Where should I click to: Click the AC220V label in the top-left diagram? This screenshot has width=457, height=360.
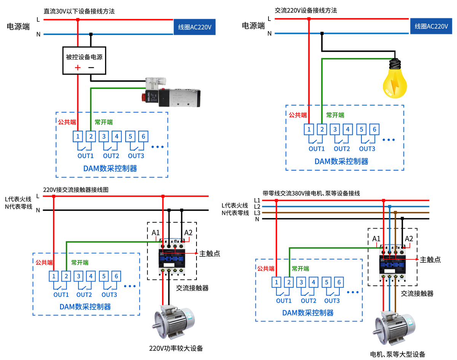click(x=195, y=27)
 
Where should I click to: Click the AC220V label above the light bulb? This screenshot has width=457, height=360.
click(x=431, y=26)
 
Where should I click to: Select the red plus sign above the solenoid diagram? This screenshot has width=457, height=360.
click(x=78, y=68)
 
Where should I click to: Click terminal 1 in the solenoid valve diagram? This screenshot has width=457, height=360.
click(x=78, y=136)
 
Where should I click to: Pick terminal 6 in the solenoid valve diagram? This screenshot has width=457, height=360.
click(x=143, y=136)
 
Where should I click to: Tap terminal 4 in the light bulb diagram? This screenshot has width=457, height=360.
click(x=347, y=129)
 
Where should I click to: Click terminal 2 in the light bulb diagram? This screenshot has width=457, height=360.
click(x=322, y=129)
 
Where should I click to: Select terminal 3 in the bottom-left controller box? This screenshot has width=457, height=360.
click(x=78, y=275)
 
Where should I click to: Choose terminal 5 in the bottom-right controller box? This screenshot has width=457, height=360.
click(x=326, y=282)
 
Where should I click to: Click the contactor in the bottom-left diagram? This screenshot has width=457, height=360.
click(x=172, y=256)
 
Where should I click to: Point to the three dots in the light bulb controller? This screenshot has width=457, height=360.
click(x=388, y=140)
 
